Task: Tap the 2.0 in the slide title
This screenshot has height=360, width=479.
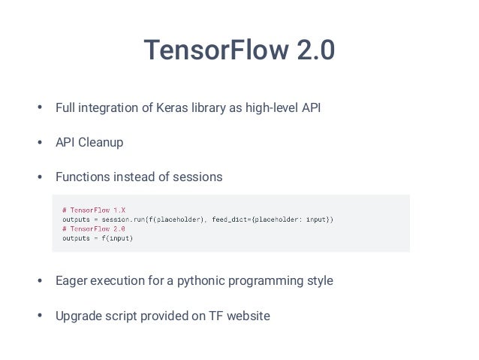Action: [x=314, y=51]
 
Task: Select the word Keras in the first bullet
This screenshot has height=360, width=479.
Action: [x=174, y=108]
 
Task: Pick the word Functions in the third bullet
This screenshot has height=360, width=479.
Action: [x=83, y=177]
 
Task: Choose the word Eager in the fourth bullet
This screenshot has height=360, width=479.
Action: [x=72, y=281]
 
